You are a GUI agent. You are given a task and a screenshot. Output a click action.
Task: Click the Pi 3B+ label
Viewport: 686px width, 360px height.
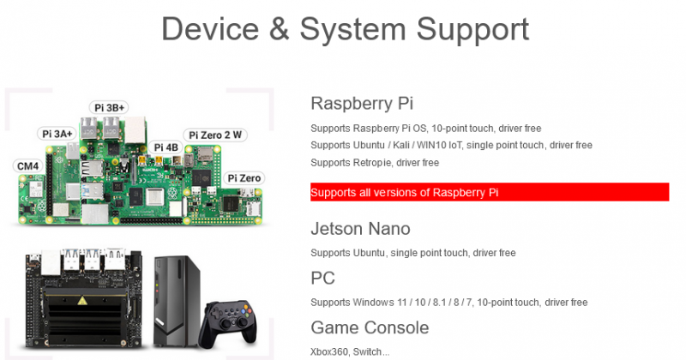tap(109, 108)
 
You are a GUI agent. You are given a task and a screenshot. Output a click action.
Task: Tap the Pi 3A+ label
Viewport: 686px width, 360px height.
tap(57, 134)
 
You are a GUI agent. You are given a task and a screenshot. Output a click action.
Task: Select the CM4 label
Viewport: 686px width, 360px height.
tap(28, 166)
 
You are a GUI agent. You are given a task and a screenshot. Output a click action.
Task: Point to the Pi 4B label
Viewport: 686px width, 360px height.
tap(165, 147)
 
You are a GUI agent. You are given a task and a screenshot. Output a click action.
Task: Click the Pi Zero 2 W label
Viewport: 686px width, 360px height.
tap(215, 135)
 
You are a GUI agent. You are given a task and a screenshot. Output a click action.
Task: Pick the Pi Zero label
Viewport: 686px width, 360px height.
tap(244, 178)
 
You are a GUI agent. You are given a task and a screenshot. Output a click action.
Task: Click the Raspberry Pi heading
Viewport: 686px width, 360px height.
tap(362, 104)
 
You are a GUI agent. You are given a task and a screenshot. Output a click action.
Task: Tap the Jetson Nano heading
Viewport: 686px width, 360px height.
tap(360, 229)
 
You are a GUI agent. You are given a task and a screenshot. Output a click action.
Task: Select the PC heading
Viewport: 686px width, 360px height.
tap(323, 279)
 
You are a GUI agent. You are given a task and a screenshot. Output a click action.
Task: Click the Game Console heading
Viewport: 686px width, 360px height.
tap(370, 327)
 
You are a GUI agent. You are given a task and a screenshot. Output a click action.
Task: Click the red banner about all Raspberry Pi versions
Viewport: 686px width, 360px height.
tap(490, 192)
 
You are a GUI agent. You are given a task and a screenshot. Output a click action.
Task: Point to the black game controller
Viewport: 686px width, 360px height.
tap(227, 324)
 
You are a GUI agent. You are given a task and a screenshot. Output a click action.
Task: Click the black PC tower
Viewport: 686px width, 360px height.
tap(177, 302)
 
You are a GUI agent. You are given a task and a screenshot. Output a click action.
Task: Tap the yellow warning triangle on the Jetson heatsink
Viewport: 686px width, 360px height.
tap(81, 301)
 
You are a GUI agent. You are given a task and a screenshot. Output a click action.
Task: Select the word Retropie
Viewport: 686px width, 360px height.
tap(372, 163)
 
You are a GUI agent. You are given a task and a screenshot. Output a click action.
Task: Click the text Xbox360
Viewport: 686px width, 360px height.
tap(329, 351)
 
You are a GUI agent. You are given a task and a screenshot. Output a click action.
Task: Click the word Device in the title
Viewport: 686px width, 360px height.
tap(210, 29)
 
